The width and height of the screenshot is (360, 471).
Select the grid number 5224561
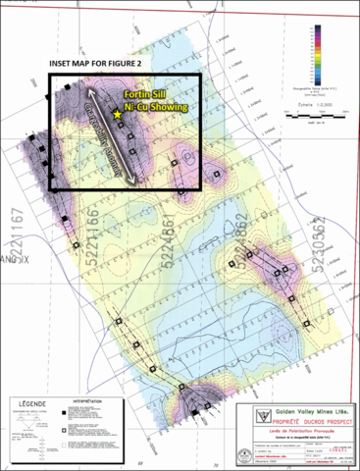tap(171, 236)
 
